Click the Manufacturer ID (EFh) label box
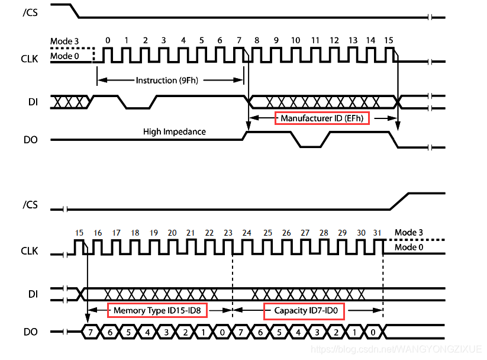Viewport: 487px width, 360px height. [322, 118]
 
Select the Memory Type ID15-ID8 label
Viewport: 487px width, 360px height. [157, 310]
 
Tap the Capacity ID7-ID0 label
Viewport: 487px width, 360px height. [304, 310]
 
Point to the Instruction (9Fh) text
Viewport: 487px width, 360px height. [164, 80]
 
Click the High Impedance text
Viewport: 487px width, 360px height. [175, 131]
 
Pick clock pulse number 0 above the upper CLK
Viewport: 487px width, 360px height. [107, 40]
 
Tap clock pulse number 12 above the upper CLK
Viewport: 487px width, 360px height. [334, 40]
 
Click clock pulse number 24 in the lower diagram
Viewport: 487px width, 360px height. [247, 233]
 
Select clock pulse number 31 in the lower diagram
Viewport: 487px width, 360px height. [377, 233]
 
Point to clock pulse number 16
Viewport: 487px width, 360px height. [98, 233]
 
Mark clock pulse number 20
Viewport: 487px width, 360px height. [172, 233]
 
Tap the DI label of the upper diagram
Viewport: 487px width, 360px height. [33, 102]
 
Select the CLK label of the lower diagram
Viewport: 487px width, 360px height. [30, 251]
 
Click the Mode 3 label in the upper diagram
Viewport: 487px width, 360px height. [64, 41]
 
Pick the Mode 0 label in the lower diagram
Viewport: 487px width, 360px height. [409, 247]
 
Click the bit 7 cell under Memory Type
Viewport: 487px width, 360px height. [90, 332]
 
